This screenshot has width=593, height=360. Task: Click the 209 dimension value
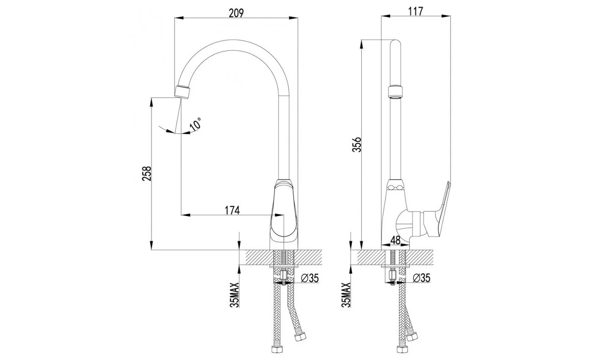coord(236,13)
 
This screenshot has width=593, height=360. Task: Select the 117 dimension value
coord(416,11)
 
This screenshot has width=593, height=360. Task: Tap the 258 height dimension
coord(147,173)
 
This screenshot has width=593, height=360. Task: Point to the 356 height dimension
coord(357,144)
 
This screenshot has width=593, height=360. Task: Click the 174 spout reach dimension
coord(232,210)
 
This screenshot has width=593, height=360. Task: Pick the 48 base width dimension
coord(395,240)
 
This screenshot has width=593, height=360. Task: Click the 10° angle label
coord(196,125)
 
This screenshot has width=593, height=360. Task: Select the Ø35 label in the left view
coord(310,278)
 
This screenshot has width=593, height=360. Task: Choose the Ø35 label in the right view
coord(421,278)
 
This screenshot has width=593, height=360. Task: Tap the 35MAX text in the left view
coord(235,295)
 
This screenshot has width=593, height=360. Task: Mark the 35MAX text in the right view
coord(346,295)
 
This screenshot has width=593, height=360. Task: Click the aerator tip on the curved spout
coord(182,92)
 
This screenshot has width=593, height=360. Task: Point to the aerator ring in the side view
coord(395,91)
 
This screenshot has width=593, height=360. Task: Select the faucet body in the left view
coord(284,214)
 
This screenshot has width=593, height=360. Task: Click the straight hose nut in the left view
coord(277,349)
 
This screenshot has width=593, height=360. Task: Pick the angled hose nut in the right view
coord(412,337)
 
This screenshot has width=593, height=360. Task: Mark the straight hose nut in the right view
coord(402,349)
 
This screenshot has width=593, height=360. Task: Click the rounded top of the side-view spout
coord(396,43)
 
